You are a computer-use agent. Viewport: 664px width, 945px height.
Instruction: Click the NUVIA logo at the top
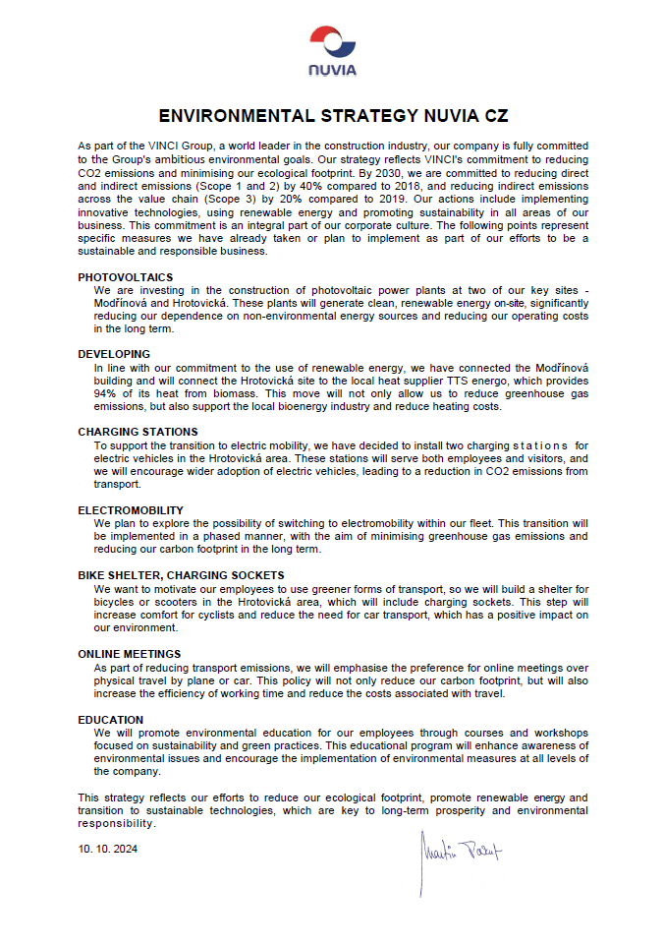pyautogui.click(x=332, y=51)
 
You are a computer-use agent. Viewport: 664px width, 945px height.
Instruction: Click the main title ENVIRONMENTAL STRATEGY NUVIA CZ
pyautogui.click(x=333, y=115)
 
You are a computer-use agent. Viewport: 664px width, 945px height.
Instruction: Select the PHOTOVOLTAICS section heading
pyautogui.click(x=125, y=277)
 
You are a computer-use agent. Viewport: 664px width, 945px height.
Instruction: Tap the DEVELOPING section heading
pyautogui.click(x=114, y=354)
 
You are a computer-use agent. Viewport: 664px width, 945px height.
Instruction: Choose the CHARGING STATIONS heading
pyautogui.click(x=138, y=432)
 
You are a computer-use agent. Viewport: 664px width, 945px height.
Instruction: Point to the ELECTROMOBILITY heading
pyautogui.click(x=131, y=510)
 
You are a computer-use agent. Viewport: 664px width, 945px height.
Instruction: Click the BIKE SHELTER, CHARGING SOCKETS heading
pyautogui.click(x=181, y=575)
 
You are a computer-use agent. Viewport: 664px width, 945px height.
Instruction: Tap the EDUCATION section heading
pyautogui.click(x=110, y=720)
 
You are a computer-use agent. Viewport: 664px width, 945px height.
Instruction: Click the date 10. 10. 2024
pyautogui.click(x=107, y=849)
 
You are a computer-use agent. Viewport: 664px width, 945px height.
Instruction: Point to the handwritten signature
pyautogui.click(x=459, y=853)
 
